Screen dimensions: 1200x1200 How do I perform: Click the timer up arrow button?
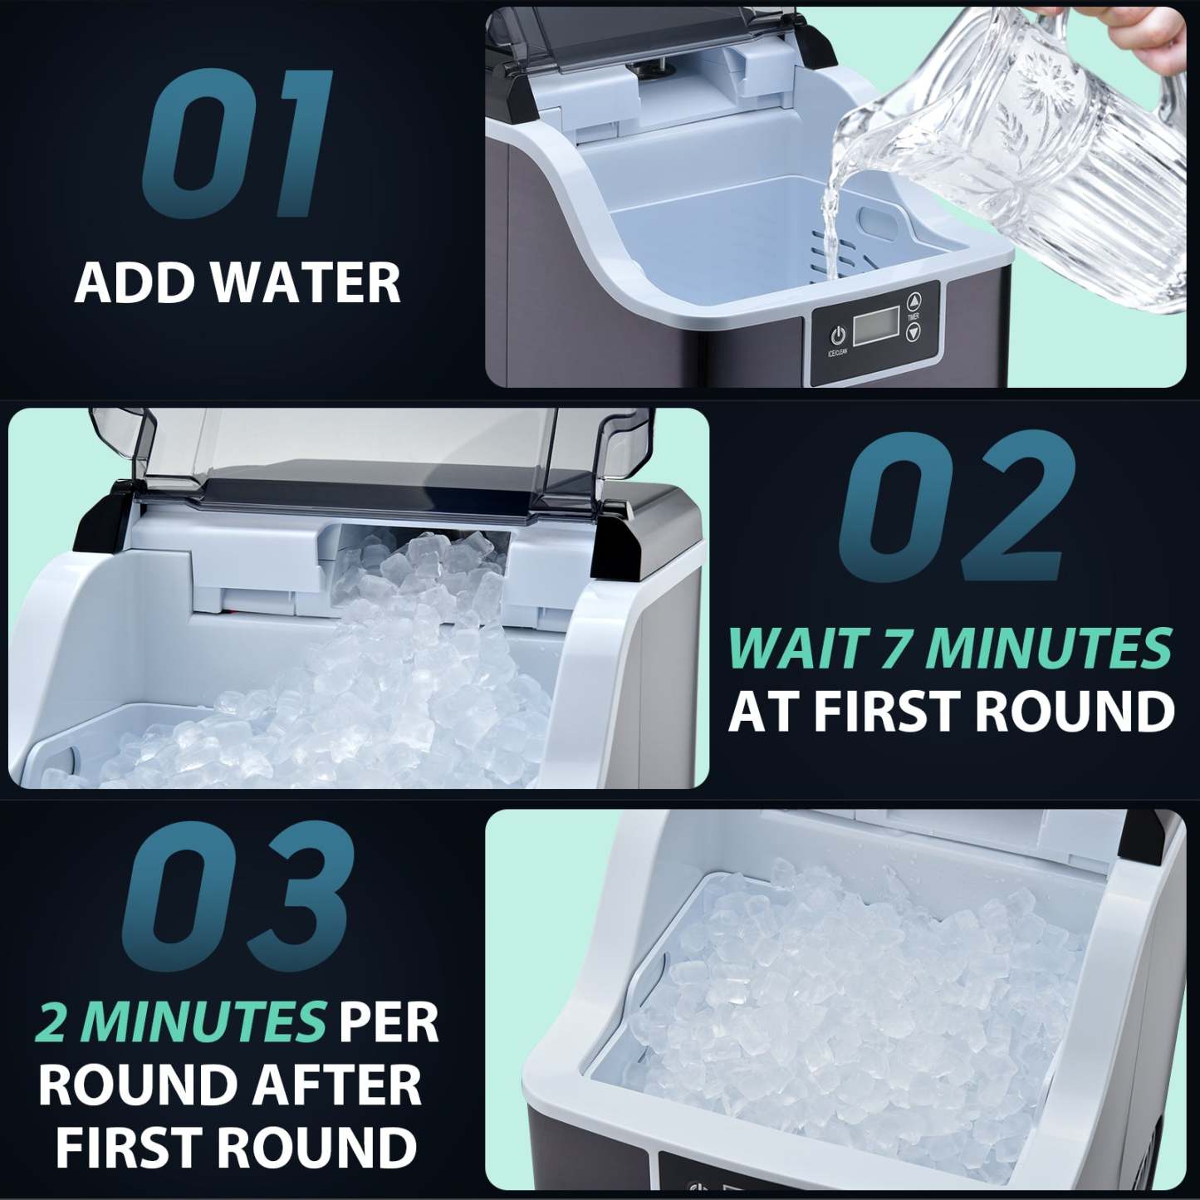(913, 301)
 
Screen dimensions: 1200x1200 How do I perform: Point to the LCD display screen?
(876, 324)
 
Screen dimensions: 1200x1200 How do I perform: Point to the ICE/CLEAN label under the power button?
(837, 353)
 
